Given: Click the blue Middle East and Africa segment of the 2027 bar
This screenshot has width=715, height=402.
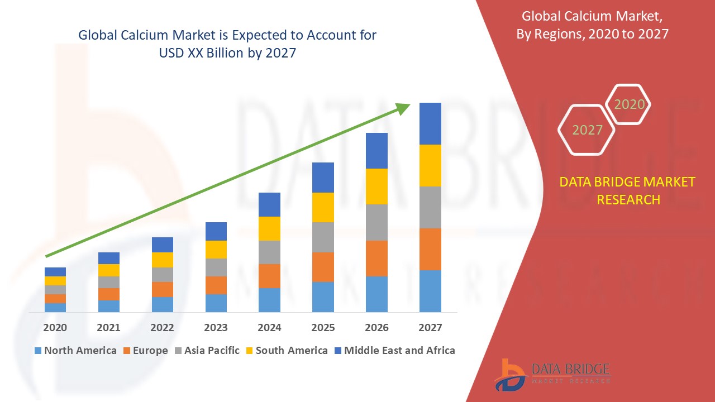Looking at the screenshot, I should tap(430, 123).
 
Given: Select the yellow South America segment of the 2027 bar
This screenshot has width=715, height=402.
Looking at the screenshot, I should tap(430, 165).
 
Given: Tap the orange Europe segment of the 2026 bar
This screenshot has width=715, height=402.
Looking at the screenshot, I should tap(376, 258).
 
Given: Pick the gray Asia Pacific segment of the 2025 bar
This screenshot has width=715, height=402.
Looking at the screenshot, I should tap(323, 237).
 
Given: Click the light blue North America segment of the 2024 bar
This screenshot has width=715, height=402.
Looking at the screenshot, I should tap(269, 300).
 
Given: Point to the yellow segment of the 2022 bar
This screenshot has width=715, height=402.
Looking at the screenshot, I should tap(163, 260).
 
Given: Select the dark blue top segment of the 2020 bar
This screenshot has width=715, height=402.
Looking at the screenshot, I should tap(55, 272).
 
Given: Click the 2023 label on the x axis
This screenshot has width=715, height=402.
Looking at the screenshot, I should tap(216, 328).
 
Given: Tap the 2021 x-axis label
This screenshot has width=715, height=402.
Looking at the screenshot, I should tap(108, 328).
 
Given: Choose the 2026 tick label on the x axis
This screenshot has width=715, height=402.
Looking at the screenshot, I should tap(376, 328).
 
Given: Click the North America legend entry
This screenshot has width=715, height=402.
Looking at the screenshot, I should tap(75, 351).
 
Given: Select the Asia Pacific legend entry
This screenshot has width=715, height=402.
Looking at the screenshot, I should tap(206, 351).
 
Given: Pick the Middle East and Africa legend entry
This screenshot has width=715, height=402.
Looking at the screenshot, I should tap(394, 351).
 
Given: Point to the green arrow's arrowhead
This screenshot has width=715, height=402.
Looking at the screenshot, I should tap(403, 108).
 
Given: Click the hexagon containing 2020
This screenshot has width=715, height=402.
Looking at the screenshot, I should tap(628, 104).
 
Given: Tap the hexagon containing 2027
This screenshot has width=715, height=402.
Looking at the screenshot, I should tap(587, 130).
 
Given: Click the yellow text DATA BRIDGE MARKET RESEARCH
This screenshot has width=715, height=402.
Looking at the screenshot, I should tap(628, 190).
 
